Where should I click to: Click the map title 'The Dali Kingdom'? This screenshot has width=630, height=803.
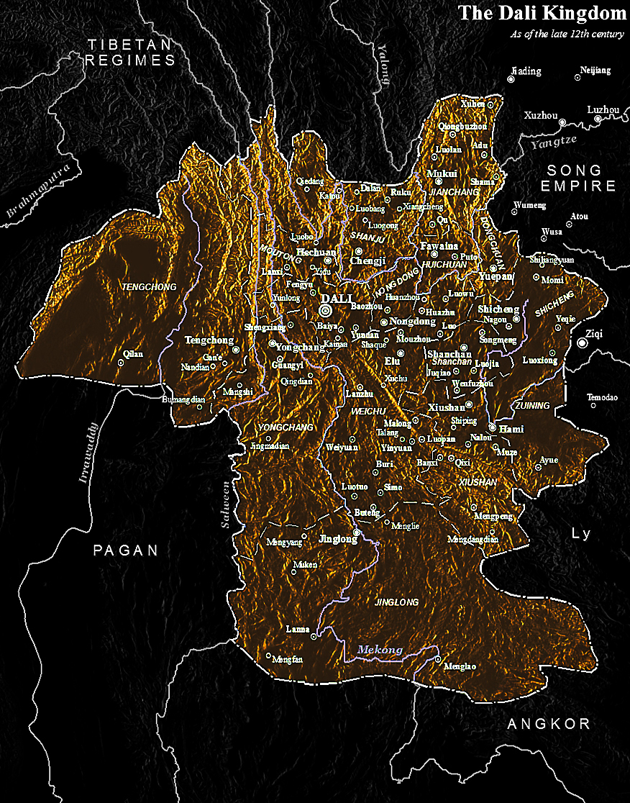point(542,13)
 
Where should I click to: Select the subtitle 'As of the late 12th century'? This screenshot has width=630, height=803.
point(567,34)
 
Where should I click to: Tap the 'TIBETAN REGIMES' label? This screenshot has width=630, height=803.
point(130,53)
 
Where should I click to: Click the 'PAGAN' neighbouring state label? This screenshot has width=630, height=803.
point(125,550)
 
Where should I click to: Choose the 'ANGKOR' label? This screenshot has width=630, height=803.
point(549,724)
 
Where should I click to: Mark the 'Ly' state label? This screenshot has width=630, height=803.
point(580,534)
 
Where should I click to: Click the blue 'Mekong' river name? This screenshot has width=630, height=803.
point(380,650)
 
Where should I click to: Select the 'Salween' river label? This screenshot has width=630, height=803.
point(225,504)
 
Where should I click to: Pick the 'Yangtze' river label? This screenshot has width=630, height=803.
point(549,142)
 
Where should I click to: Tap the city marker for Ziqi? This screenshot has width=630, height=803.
point(583,344)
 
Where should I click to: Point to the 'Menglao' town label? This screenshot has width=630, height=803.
point(460,666)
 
